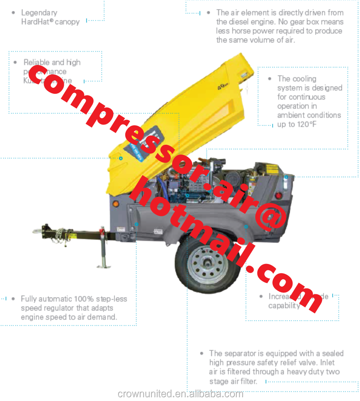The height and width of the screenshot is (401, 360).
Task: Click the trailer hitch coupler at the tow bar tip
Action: pyautogui.click(x=38, y=231)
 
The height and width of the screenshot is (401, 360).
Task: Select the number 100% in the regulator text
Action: pyautogui.click(x=84, y=299)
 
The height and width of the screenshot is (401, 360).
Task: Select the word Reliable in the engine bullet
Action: pyautogui.click(x=36, y=62)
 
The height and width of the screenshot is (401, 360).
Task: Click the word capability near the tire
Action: pyautogui.click(x=284, y=306)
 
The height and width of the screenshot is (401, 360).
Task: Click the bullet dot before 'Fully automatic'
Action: pyautogui.click(x=13, y=299)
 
